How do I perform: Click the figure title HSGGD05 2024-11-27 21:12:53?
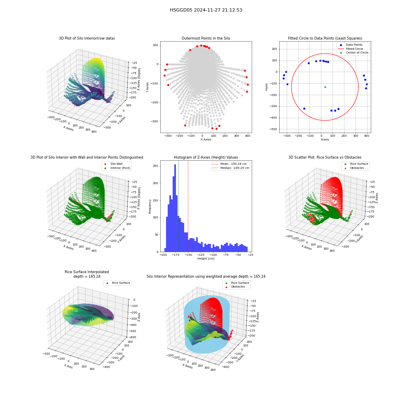coord(206,10)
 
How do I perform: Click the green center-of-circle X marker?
coord(325,87)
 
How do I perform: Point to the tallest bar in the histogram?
coord(175,208)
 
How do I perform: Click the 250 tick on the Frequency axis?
coord(155,166)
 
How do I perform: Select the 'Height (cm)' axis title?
coord(206,259)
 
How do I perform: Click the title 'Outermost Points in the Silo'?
coord(206,38)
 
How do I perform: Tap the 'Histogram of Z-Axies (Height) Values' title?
coord(206,157)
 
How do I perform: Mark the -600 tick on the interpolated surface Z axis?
coord(133,337)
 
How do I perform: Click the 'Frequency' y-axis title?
coord(150,206)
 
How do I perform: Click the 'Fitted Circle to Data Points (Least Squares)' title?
coord(325,38)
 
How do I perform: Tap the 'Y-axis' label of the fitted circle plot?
coord(267,87)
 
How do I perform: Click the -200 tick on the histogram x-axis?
coord(163,255)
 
